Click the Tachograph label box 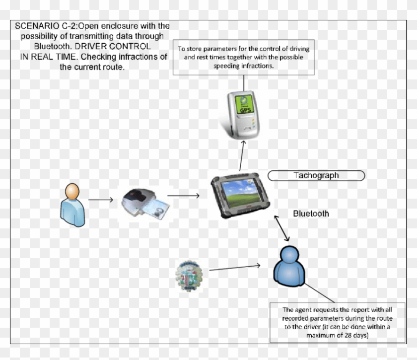click(x=316, y=175)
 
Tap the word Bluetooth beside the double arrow click(x=311, y=214)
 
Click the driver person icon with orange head click(x=72, y=205)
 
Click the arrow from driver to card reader click(x=101, y=201)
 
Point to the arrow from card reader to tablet click(x=183, y=196)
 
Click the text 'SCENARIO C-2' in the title click(x=40, y=25)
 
